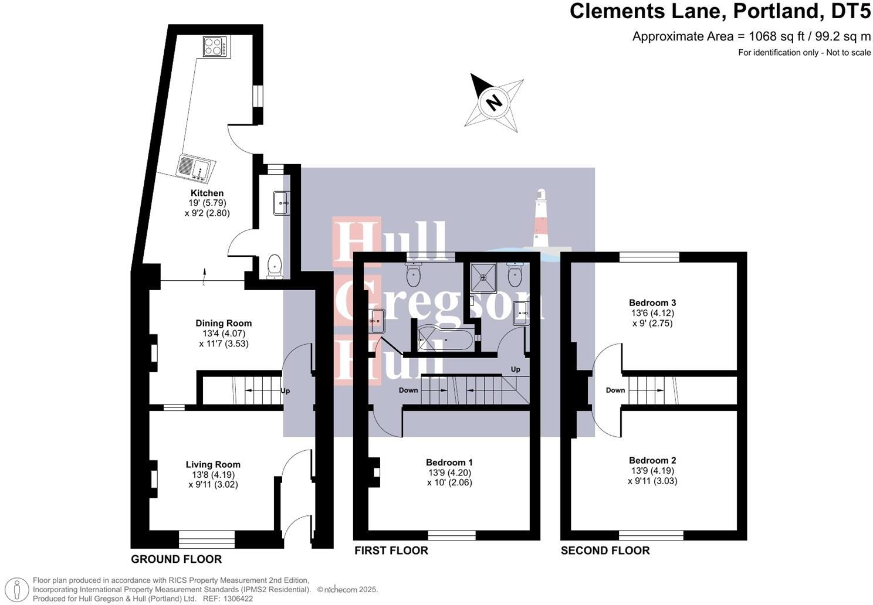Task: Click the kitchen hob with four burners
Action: tap(216, 46)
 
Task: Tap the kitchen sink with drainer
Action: tap(196, 167)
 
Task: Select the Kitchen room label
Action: tap(207, 193)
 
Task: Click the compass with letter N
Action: tap(495, 103)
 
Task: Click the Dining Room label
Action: tap(224, 323)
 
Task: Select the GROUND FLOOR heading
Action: tap(176, 559)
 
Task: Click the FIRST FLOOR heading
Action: tap(391, 550)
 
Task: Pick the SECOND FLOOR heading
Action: tap(605, 550)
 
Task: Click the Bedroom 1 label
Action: tap(449, 463)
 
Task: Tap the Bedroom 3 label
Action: tap(652, 302)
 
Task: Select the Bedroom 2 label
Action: tap(652, 460)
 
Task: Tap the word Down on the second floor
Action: tap(615, 390)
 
